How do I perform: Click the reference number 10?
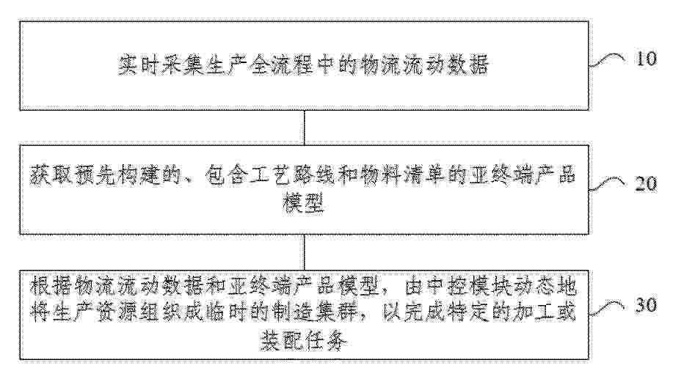pos(647,59)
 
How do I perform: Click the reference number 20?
pos(646,183)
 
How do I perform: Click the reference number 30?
pos(646,305)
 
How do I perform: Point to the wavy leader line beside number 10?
pos(607,60)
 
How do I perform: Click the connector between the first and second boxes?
pos(305,128)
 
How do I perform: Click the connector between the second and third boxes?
pos(305,252)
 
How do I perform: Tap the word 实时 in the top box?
pos(139,65)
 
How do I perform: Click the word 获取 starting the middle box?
pos(51,175)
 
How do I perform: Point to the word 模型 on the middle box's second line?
pos(304,204)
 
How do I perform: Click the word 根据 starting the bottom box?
pos(51,287)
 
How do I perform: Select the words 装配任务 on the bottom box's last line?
pos(304,342)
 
